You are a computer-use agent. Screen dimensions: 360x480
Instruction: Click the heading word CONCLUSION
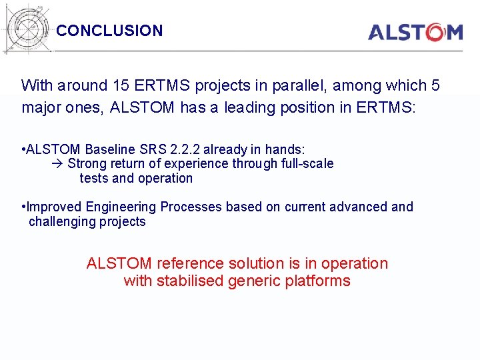coord(109,31)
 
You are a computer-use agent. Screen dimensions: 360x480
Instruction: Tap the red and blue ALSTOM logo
coord(415,32)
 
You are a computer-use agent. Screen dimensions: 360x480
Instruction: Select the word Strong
coord(87,164)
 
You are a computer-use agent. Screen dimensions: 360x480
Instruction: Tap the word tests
coord(94,178)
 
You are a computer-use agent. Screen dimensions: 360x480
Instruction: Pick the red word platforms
coord(317,281)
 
